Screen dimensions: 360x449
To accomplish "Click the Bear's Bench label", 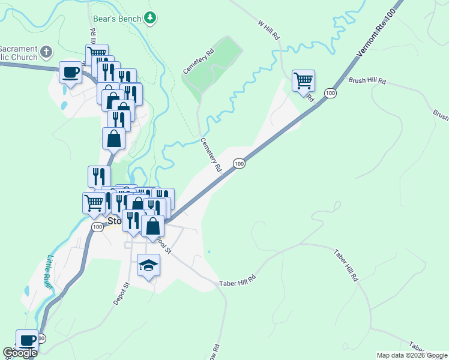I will point(118,19).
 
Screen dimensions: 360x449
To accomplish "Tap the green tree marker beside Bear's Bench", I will point(151,18).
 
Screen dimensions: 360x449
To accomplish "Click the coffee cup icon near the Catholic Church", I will point(70,73).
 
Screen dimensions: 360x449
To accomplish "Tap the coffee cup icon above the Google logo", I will point(27,340).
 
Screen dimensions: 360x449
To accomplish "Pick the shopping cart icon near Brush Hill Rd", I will point(303,80).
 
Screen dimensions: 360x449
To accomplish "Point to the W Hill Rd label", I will point(269,31).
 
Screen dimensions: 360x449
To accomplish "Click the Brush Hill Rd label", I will point(367,80).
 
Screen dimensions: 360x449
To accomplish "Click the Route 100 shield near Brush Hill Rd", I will point(330,93).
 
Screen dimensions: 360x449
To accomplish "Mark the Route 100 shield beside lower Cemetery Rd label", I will point(239,164).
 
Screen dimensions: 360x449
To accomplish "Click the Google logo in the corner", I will point(20,353).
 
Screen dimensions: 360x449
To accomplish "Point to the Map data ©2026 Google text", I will point(412,355).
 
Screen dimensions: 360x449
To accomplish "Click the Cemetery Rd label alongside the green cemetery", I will point(199,62).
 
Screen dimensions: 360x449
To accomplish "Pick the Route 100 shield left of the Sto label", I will point(98,227).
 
